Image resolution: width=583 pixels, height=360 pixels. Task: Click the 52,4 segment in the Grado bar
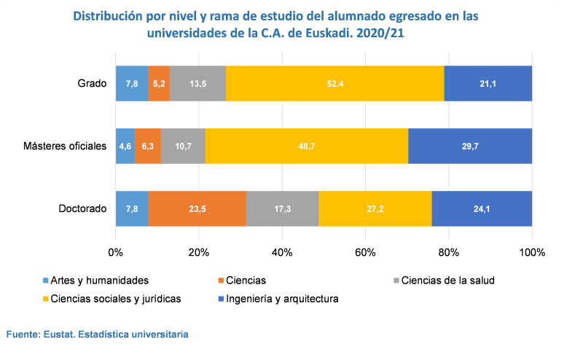334,84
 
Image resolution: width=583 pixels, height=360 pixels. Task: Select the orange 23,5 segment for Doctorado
197,209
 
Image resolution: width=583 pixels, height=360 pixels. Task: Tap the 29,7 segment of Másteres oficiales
470,146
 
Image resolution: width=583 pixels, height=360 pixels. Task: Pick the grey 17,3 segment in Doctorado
282,209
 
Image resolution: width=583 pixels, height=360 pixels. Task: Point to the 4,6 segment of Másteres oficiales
125,146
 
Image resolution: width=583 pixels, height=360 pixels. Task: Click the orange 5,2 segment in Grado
159,84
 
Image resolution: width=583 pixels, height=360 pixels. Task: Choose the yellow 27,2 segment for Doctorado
375,209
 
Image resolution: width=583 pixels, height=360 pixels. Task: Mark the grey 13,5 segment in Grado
197,84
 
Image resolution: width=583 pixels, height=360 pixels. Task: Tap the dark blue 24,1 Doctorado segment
482,209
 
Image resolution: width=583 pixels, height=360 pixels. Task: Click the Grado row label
93,84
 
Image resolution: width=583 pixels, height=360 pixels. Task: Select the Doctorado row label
82,209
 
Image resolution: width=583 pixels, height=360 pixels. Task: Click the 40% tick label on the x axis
282,253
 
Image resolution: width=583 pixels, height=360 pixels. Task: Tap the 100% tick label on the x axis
532,253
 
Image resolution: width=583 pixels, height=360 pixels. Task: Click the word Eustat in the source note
62,334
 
